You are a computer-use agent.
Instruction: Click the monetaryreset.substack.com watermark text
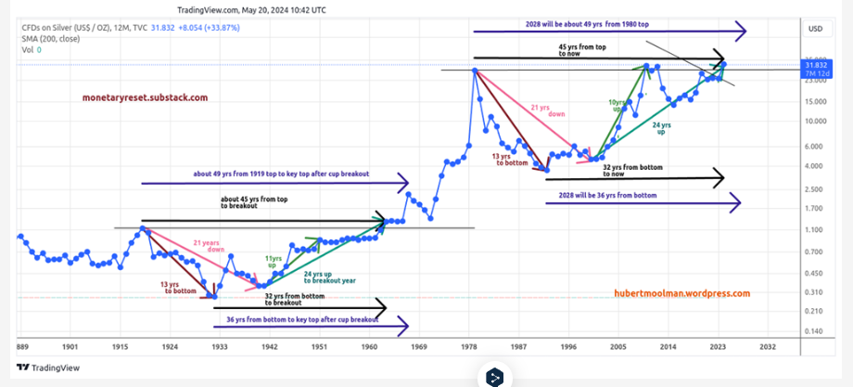pos(145,97)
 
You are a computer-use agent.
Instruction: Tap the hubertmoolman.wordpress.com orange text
pos(681,292)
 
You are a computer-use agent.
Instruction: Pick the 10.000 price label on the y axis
pos(816,121)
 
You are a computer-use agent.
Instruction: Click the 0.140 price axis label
pos(816,331)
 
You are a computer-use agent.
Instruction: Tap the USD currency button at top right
pos(816,29)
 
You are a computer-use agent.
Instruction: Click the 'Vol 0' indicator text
pos(32,49)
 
